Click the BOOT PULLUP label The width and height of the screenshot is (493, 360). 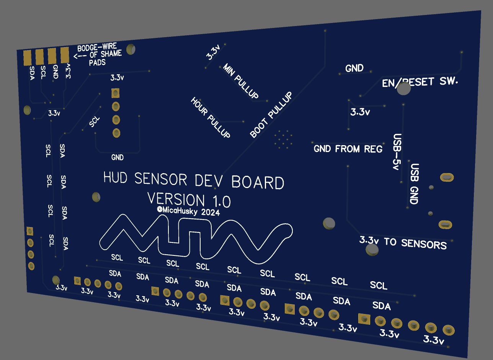pyautogui.click(x=271, y=115)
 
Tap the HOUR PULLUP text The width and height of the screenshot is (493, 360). pyautogui.click(x=211, y=118)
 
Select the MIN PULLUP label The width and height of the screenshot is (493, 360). pyautogui.click(x=241, y=81)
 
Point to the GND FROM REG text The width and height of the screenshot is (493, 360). pyautogui.click(x=348, y=149)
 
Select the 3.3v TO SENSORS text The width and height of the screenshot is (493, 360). pyautogui.click(x=403, y=242)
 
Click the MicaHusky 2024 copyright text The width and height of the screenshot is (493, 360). pyautogui.click(x=188, y=211)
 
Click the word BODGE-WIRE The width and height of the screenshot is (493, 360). pyautogui.click(x=97, y=48)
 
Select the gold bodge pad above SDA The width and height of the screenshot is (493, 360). pyautogui.click(x=28, y=58)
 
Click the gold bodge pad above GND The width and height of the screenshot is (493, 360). pyautogui.click(x=52, y=56)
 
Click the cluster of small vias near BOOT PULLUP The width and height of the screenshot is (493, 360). pyautogui.click(x=283, y=139)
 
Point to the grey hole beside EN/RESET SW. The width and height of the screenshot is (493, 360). pyautogui.click(x=404, y=89)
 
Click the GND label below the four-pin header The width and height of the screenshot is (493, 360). pyautogui.click(x=118, y=157)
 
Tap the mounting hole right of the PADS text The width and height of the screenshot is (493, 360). pyautogui.click(x=131, y=49)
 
